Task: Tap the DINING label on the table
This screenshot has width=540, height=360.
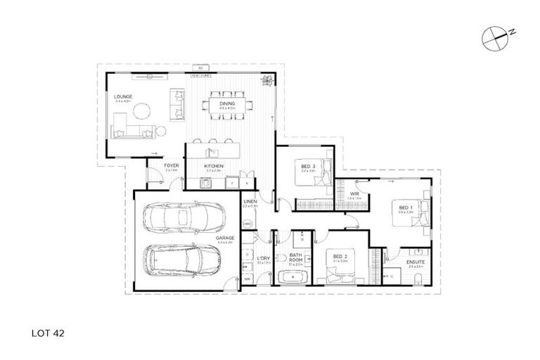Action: coord(226,104)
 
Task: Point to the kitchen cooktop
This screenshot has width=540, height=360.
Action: coord(205,184)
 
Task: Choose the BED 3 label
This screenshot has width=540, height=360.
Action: coord(307,167)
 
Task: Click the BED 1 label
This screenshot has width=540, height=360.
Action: coord(405,208)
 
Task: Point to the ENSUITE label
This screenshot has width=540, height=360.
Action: coord(416,262)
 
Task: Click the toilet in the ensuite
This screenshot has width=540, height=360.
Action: coord(419,281)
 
